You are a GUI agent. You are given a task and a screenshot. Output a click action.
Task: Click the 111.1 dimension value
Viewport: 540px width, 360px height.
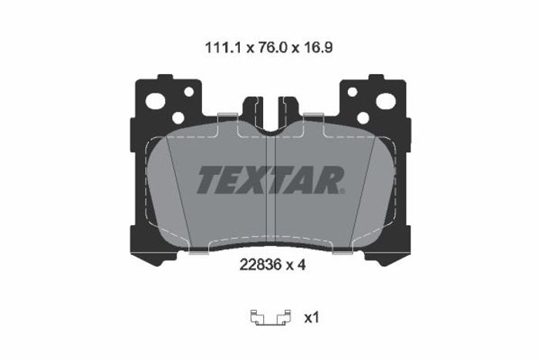pyautogui.click(x=224, y=48)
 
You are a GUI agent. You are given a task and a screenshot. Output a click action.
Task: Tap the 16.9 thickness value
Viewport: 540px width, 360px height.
pyautogui.click(x=318, y=48)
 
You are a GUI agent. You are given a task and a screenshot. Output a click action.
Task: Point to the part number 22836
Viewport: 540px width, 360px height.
pyautogui.click(x=261, y=264)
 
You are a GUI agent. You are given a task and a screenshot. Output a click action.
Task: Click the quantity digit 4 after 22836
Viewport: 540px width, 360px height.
pyautogui.click(x=301, y=264)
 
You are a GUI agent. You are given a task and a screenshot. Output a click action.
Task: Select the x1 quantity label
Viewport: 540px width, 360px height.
pyautogui.click(x=312, y=318)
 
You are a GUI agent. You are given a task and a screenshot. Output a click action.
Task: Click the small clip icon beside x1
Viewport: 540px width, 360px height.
pyautogui.click(x=271, y=318)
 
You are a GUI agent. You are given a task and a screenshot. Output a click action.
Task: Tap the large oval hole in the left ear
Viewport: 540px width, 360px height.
pyautogui.click(x=155, y=101)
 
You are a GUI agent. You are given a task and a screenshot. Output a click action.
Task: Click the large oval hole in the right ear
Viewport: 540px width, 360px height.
pyautogui.click(x=386, y=101)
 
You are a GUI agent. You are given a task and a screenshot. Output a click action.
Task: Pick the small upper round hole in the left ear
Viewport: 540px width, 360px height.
pyautogui.click(x=189, y=92)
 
